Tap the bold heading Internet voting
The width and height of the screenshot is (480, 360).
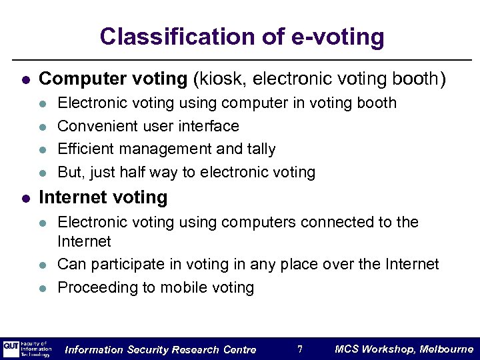[x=103, y=197]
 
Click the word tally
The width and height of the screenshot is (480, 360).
[x=259, y=149]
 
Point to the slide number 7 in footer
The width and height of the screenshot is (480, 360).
[x=300, y=349]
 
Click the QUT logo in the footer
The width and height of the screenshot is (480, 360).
[x=11, y=347]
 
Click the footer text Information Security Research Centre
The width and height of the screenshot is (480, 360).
[x=161, y=350]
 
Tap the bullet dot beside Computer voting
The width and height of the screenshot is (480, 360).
[x=25, y=80]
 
